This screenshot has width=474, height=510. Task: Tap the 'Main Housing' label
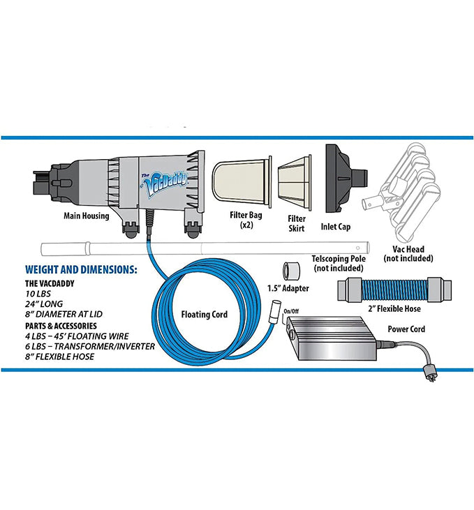[x=87, y=216]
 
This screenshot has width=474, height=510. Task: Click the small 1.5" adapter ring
[x=290, y=271]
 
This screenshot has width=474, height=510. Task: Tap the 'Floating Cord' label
[x=204, y=315]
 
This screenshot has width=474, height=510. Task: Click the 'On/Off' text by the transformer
[x=290, y=311]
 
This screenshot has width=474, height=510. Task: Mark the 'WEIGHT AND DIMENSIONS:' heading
[x=81, y=269]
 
